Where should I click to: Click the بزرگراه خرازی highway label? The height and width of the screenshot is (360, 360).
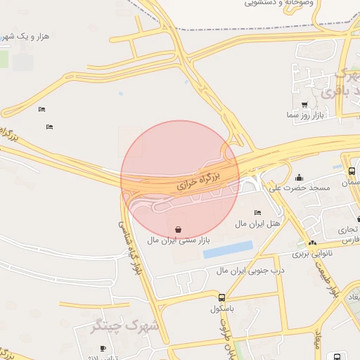(198, 182)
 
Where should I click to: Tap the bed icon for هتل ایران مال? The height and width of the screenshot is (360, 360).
(257, 212)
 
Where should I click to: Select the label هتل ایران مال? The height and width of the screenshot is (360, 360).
(257, 223)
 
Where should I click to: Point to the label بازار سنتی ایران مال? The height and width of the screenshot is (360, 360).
(179, 240)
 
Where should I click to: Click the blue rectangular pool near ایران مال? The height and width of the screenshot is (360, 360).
(228, 249)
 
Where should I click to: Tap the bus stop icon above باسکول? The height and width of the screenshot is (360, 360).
(221, 297)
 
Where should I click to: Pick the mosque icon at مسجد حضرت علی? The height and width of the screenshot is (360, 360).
(300, 177)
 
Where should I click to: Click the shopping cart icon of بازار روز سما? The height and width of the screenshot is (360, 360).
(304, 105)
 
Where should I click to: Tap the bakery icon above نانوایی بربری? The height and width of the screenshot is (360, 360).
(312, 243)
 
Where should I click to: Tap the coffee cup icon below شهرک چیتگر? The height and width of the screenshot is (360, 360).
(103, 349)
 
